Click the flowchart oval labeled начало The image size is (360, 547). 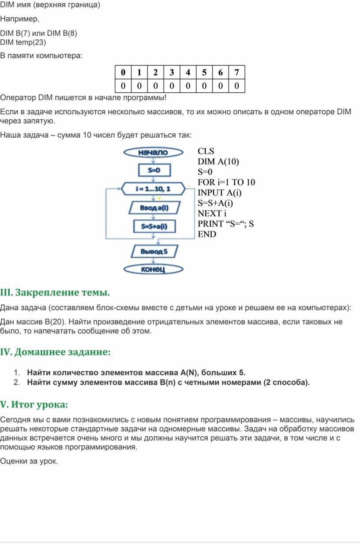[153, 152]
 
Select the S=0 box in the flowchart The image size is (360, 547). [154, 170]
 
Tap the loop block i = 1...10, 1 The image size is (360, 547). [153, 189]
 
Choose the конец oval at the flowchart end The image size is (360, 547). [153, 269]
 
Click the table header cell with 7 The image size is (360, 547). [236, 72]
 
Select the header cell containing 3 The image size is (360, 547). [171, 72]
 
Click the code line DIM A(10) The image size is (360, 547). [218, 162]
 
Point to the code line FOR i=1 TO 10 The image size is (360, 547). [226, 182]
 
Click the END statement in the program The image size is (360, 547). [207, 234]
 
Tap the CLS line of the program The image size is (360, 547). [206, 151]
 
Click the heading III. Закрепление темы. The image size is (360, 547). [55, 293]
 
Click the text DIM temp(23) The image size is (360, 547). [23, 42]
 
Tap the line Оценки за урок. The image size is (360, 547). [29, 461]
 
